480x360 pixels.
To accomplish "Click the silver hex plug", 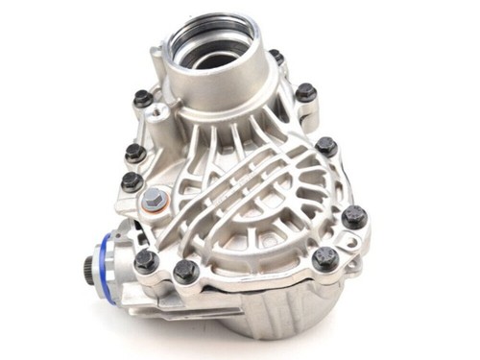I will (x=153, y=201).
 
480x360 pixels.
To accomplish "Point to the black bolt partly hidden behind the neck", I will (x=276, y=58).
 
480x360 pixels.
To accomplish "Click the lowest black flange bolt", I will (x=185, y=273).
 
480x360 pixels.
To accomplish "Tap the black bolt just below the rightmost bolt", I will (x=325, y=257).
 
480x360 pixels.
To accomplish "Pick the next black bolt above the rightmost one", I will (x=326, y=146).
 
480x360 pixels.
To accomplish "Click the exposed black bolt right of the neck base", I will (x=305, y=93).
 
